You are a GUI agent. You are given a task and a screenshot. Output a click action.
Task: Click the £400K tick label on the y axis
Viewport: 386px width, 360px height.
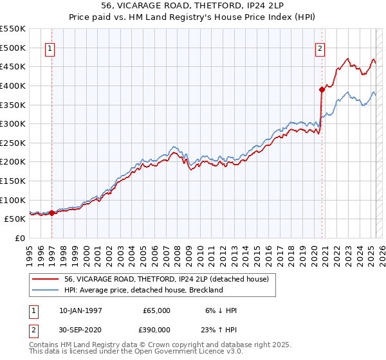coord(13,85)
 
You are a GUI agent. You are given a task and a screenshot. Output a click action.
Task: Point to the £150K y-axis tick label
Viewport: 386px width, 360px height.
coord(13,181)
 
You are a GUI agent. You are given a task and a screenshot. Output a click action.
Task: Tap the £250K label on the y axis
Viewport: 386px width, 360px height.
coord(13,143)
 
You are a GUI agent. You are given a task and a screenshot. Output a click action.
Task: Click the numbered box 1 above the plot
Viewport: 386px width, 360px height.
coord(50,47)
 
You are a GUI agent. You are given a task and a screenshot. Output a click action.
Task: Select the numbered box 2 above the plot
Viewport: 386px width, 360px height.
coord(320,47)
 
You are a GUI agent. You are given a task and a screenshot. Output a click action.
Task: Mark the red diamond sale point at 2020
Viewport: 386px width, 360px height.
coord(322,89)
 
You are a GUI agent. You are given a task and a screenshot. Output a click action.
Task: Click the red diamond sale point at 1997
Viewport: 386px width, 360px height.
coord(51,213)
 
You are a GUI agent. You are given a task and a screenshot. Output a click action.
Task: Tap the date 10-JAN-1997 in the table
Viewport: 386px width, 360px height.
coord(82,310)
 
